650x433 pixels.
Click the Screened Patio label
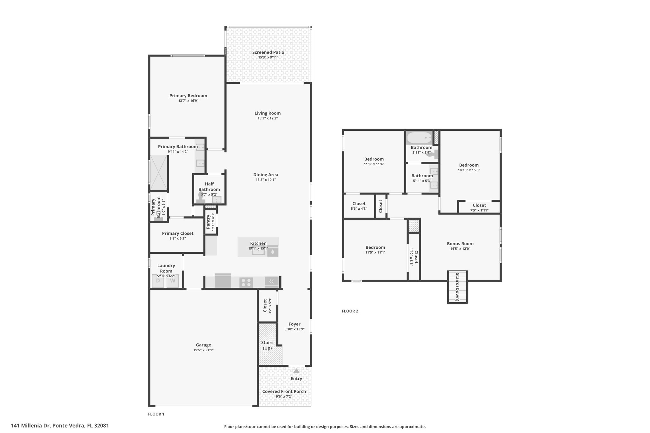(x=268, y=52)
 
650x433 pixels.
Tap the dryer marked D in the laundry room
(x=158, y=281)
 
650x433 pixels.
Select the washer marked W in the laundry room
(x=173, y=281)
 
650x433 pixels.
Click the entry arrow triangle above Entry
(x=296, y=371)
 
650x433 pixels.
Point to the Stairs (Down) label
(x=457, y=287)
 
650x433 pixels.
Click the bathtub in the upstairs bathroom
(x=419, y=138)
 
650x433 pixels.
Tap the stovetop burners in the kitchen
(x=246, y=282)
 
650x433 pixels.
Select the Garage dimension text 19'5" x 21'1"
(x=203, y=350)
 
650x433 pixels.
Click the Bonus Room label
(x=460, y=244)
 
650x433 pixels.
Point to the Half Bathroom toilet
(x=201, y=198)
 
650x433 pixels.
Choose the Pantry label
(x=208, y=222)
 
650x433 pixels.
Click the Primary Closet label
(x=178, y=233)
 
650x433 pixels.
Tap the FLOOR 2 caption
(x=350, y=311)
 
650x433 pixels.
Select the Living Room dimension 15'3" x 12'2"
(x=268, y=118)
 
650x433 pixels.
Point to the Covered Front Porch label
(x=284, y=391)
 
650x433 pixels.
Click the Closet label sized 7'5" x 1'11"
(x=479, y=205)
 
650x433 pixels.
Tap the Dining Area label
(x=266, y=175)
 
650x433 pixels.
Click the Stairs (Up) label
(x=267, y=345)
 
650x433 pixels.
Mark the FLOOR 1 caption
(x=156, y=414)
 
